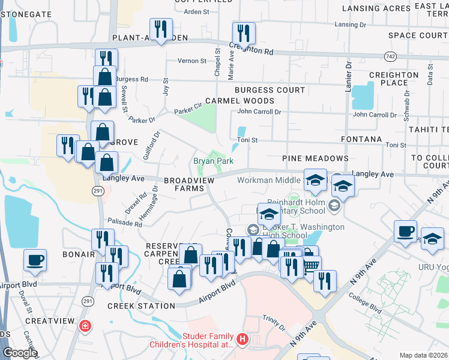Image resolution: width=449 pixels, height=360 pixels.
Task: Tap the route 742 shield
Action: [x=390, y=55]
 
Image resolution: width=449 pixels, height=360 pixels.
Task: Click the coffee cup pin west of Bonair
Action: [x=35, y=260]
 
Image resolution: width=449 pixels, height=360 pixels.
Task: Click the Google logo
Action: [x=19, y=353]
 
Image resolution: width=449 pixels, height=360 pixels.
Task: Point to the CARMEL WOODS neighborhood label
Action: [x=240, y=101]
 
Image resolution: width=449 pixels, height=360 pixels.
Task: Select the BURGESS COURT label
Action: [x=270, y=90]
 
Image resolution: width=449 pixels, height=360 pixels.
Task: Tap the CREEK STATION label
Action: [x=141, y=306]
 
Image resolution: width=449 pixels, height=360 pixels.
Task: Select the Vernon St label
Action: [x=191, y=61]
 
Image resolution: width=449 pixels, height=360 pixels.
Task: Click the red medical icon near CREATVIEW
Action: [x=85, y=326]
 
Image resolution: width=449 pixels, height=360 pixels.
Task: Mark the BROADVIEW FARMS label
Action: [x=188, y=184]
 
